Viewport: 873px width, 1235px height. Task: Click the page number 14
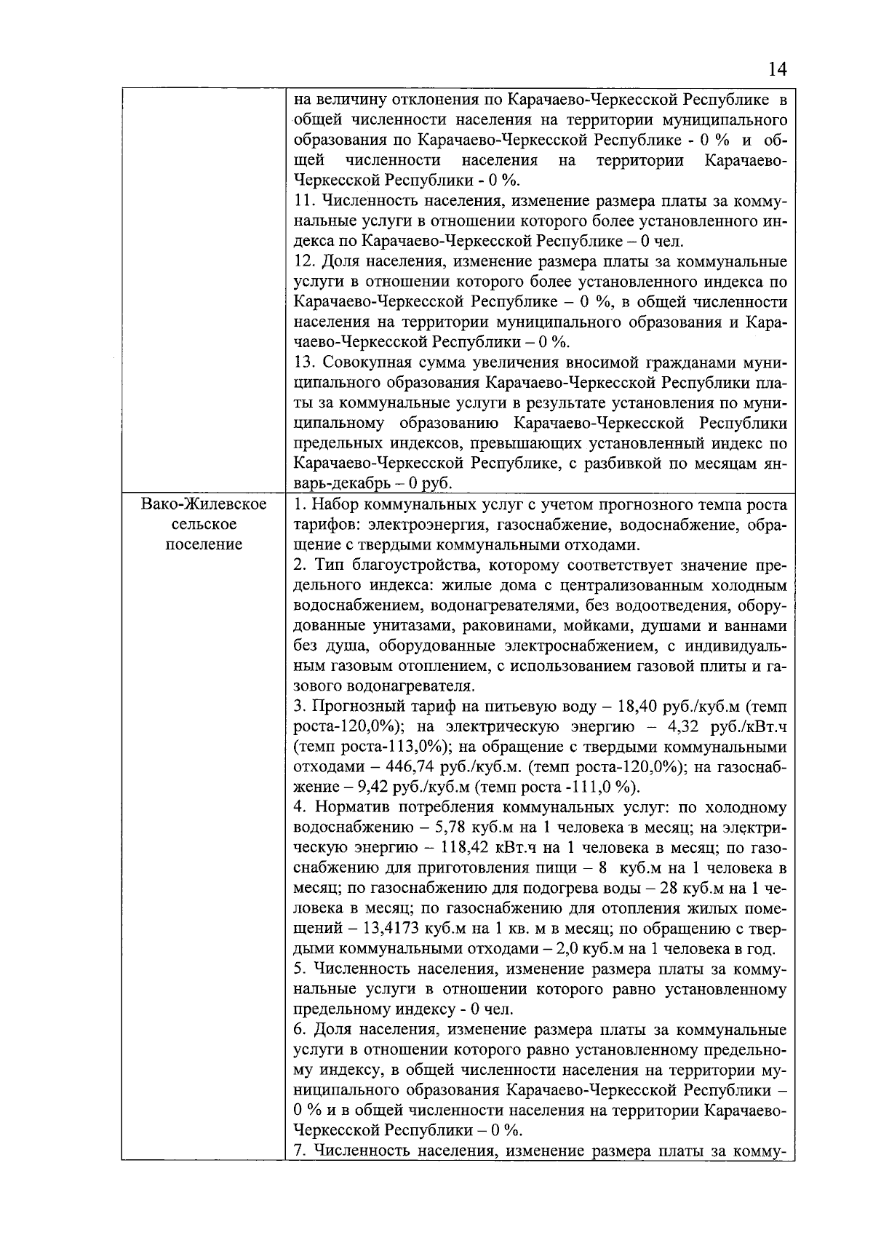click(x=776, y=70)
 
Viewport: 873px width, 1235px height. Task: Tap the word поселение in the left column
click(x=203, y=545)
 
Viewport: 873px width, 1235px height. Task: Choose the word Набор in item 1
click(x=335, y=504)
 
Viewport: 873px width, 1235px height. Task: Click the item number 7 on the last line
click(x=298, y=1151)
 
